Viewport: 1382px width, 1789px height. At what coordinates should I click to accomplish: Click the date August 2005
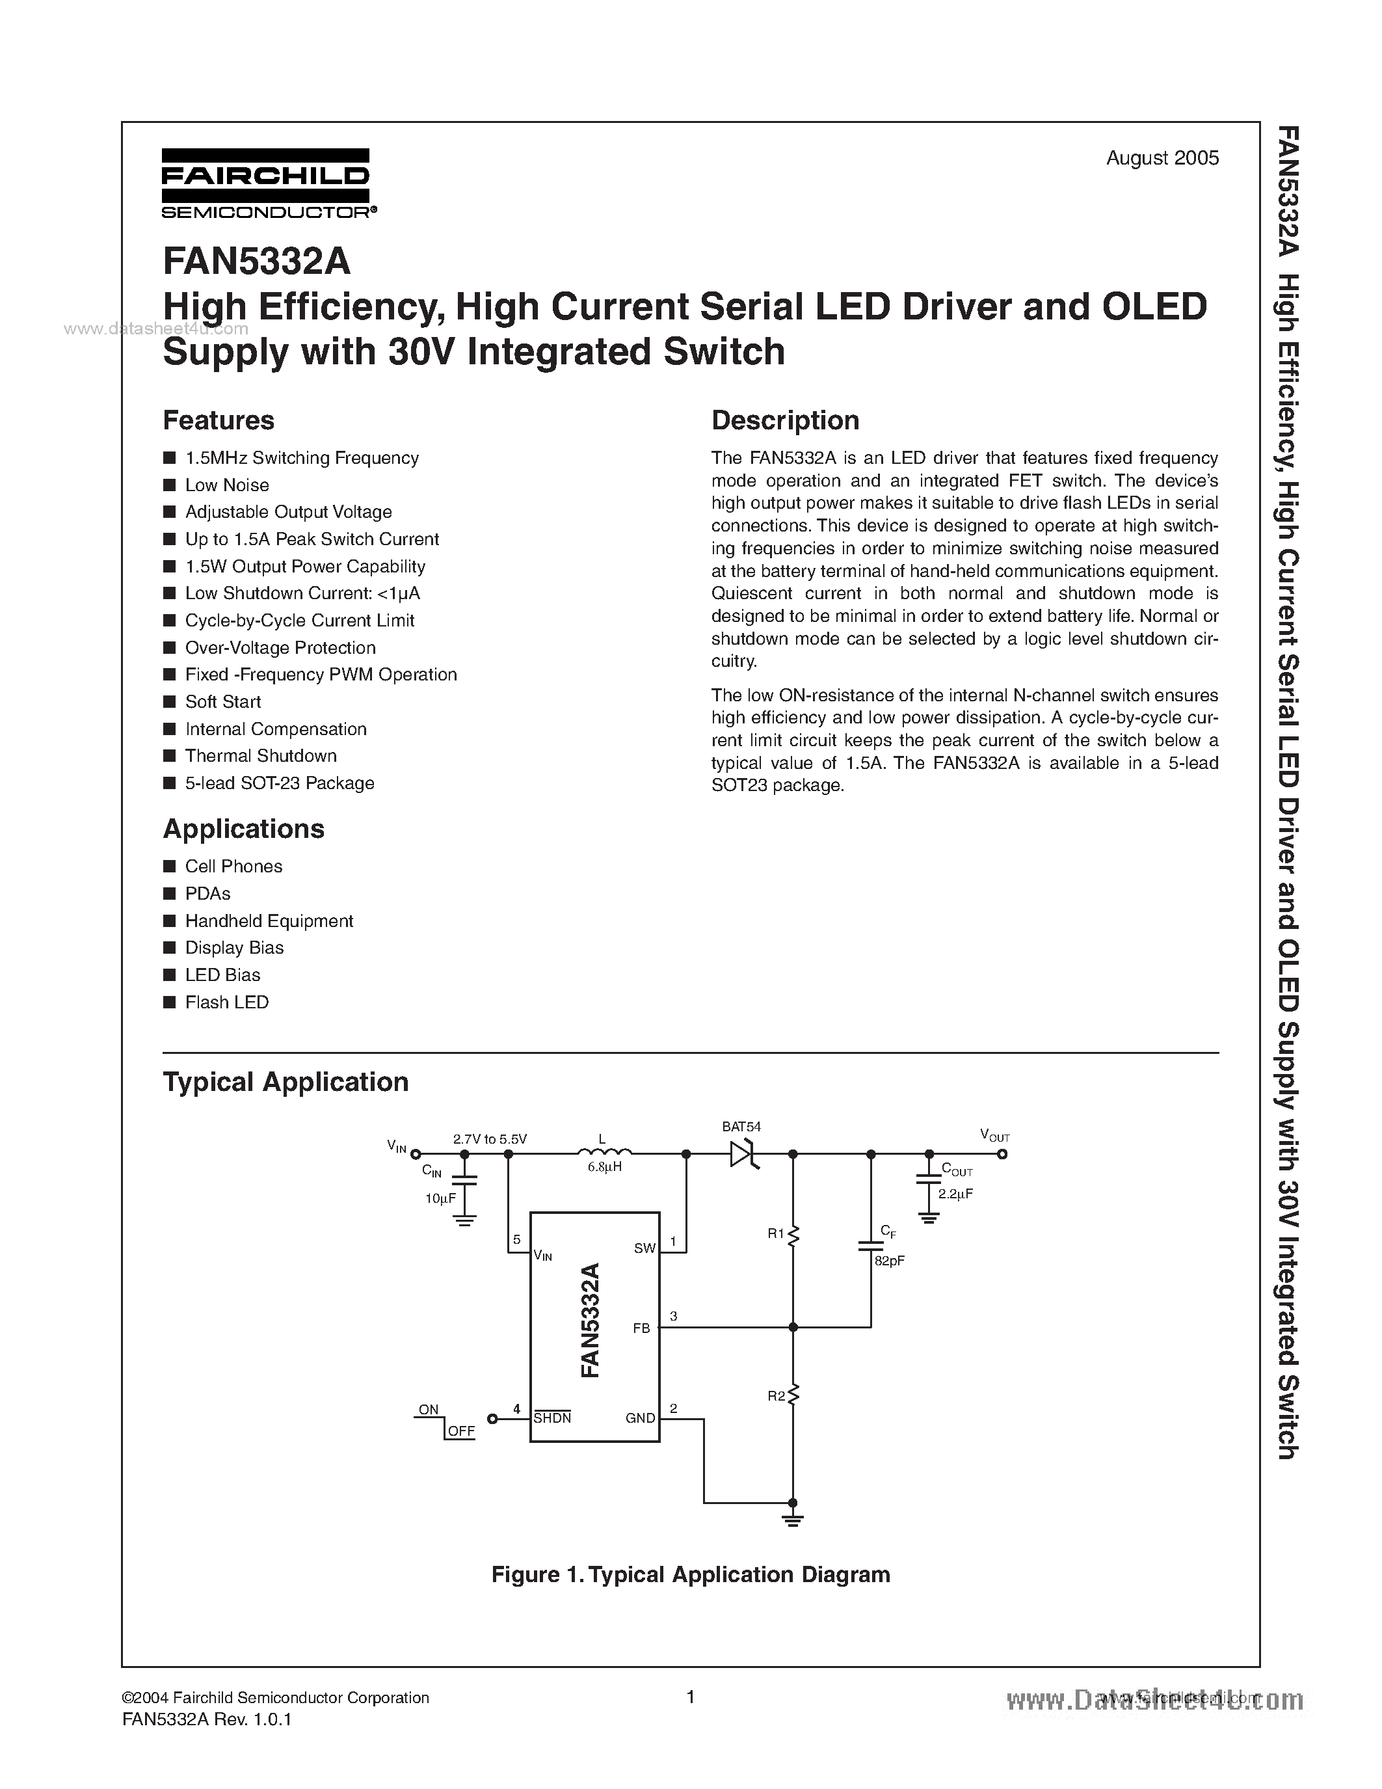click(1162, 158)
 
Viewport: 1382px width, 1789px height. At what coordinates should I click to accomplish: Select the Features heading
click(219, 420)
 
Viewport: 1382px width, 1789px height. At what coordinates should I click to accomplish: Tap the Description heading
click(784, 420)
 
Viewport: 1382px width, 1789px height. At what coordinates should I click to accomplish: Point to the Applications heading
click(243, 829)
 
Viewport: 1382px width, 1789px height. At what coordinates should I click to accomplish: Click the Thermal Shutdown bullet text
click(260, 756)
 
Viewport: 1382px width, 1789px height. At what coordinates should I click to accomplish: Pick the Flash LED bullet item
click(227, 1002)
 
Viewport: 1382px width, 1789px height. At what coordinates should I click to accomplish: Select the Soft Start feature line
click(222, 702)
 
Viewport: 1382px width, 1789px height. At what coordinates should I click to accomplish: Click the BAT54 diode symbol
click(743, 1154)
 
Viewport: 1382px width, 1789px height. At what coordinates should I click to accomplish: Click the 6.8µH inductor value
click(604, 1167)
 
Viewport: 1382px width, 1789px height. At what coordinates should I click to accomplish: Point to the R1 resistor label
click(776, 1233)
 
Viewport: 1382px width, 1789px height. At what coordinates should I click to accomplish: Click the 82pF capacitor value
click(889, 1261)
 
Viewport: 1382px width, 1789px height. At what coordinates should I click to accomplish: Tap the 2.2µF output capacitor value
click(955, 1194)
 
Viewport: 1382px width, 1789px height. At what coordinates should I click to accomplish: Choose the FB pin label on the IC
click(641, 1328)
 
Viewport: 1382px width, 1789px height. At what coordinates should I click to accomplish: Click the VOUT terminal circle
click(1002, 1154)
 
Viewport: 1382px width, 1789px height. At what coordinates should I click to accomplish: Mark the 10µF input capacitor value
click(440, 1198)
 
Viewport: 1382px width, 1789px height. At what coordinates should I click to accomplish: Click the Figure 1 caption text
click(690, 1574)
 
